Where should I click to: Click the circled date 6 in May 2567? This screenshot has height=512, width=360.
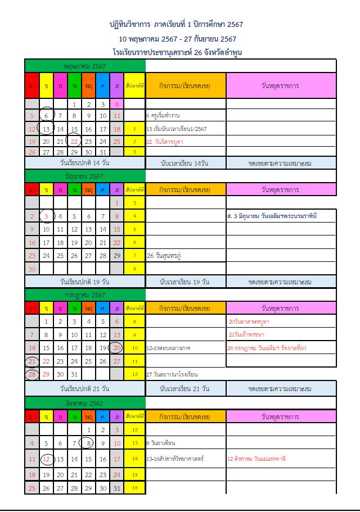point(46,116)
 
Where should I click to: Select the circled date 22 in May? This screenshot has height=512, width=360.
point(74,141)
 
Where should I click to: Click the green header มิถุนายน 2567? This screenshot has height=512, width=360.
point(84,176)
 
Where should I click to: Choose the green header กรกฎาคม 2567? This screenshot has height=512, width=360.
point(85,295)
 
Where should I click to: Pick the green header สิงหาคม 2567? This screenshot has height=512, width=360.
point(84,404)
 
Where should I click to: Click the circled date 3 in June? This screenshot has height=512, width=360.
point(46,216)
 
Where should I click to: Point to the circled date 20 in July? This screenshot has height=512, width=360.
point(116,348)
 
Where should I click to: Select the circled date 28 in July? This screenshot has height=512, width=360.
point(32,374)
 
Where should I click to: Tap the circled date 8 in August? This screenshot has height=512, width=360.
point(88,443)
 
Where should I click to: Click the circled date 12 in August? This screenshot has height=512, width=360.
point(46,459)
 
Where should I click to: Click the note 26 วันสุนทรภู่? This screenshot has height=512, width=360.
point(168,256)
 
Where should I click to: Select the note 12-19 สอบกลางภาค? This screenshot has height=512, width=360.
point(168,348)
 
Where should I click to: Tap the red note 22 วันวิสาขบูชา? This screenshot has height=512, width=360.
point(168,142)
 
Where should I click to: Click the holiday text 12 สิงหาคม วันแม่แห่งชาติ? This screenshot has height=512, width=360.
point(256,459)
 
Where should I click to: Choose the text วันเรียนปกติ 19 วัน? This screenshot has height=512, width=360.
point(84,281)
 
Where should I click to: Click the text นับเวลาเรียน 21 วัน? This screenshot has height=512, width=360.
point(185,388)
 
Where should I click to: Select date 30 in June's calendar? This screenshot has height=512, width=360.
point(32,269)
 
